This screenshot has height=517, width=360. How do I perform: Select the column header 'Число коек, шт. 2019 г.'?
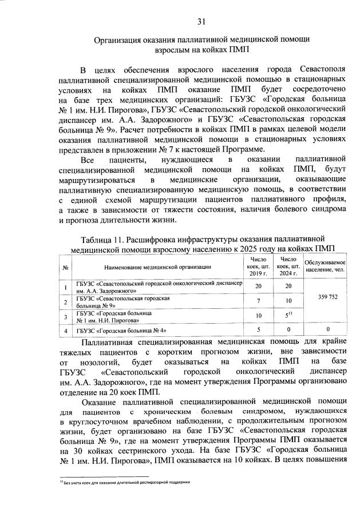click(x=258, y=267)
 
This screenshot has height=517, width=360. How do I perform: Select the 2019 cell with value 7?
click(x=258, y=301)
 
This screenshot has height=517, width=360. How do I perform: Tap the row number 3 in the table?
click(x=66, y=316)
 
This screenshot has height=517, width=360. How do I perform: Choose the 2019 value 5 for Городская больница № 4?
click(x=258, y=330)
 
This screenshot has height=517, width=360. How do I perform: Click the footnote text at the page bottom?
click(x=126, y=483)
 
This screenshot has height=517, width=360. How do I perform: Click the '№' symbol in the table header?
click(x=66, y=267)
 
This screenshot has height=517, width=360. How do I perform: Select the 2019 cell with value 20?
click(x=258, y=286)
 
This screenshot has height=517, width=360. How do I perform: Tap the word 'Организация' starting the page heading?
click(x=121, y=39)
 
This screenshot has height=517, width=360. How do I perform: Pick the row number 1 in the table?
click(x=66, y=287)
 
